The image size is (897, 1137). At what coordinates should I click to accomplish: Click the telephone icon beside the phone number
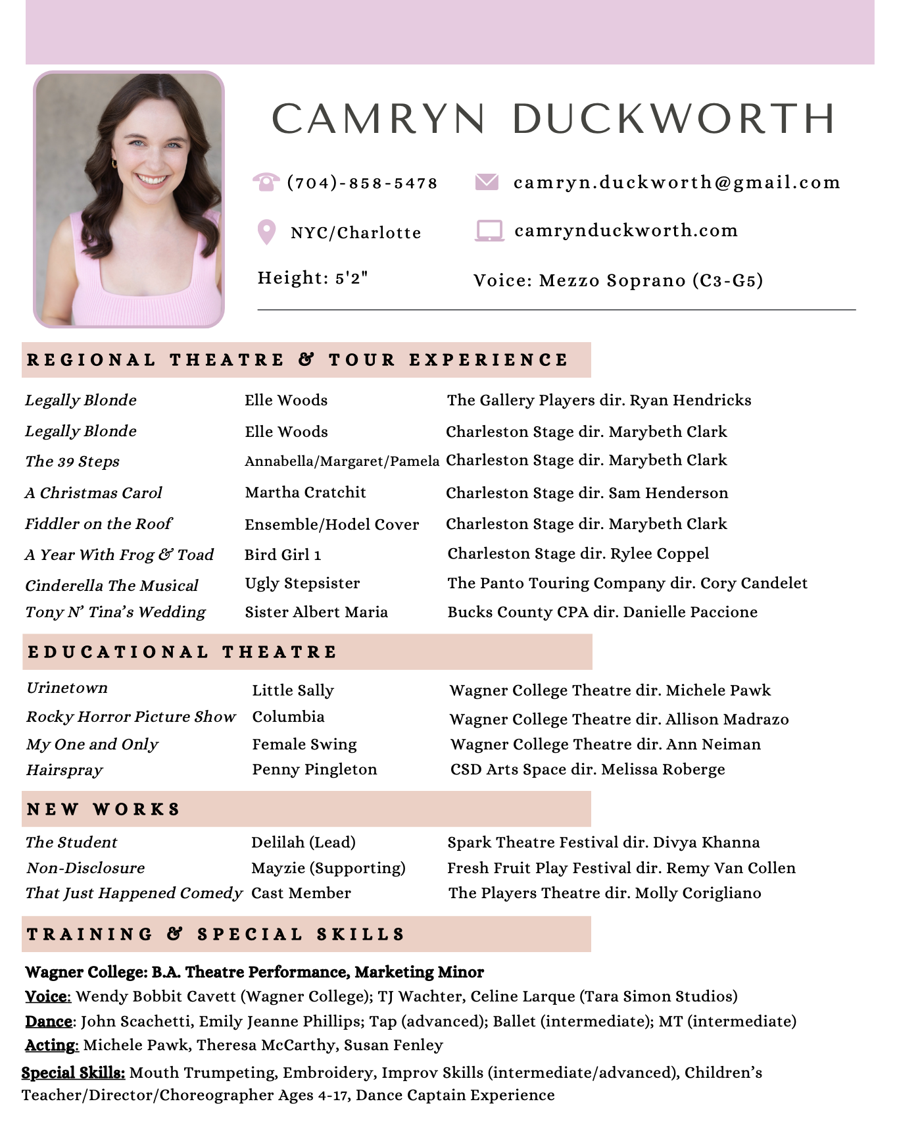pos(266,182)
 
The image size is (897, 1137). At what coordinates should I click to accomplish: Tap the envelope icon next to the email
pos(487,181)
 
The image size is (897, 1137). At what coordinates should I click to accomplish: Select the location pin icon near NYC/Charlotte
pos(266,232)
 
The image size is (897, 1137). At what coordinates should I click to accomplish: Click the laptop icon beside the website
pos(489,231)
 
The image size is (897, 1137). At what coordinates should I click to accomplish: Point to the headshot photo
pos(129,199)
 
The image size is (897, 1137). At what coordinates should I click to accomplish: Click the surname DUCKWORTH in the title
pos(673,119)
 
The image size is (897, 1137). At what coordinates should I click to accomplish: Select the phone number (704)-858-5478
pos(362,183)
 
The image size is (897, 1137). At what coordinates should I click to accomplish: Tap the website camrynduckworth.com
pos(626,230)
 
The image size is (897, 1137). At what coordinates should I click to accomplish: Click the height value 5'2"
pos(351,278)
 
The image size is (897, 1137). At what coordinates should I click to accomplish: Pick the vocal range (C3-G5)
pos(727,281)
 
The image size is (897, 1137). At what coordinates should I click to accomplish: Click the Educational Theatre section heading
pos(182,652)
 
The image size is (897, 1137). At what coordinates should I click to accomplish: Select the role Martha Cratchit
pos(305,492)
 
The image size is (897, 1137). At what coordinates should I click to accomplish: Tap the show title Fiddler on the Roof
pos(99,524)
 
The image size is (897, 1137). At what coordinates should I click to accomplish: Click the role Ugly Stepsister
pos(303,583)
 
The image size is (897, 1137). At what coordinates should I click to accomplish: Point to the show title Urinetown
pos(67,688)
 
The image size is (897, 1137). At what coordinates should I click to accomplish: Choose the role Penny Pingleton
pos(314,769)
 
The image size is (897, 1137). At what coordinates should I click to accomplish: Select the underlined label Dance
pos(49,1021)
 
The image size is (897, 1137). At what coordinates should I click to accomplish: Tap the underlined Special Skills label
pos(73,1073)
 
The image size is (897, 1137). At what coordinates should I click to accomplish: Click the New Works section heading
pos(103,809)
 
